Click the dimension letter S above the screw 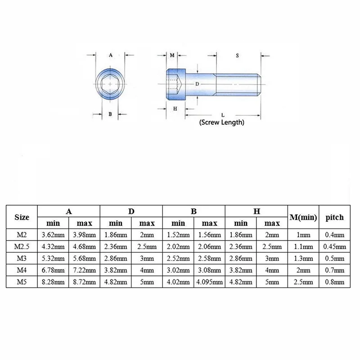pos(237,55)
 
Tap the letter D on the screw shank pos(197,84)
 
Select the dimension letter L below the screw pos(223,115)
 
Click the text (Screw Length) pos(222,122)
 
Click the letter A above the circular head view pos(111,55)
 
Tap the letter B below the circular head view pos(110,114)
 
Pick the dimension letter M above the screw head pos(172,55)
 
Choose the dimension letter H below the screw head pos(175,108)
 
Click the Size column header pos(22,217)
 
